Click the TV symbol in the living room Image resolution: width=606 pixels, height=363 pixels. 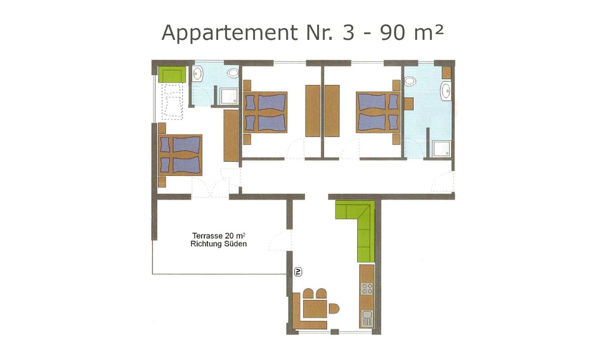[x=298, y=272]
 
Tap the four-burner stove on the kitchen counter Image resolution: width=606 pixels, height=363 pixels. [x=367, y=289]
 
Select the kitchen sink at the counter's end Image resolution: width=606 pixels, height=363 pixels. [x=367, y=318]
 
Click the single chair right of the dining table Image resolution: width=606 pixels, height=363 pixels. [x=333, y=308]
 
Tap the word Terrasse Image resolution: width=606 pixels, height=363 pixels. [x=207, y=235]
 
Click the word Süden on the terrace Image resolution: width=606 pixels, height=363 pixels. [x=236, y=244]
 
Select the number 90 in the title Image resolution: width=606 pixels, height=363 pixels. [x=380, y=33]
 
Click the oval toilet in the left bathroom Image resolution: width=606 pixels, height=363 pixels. [x=233, y=73]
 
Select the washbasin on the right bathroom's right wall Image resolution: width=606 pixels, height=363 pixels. [x=446, y=92]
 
